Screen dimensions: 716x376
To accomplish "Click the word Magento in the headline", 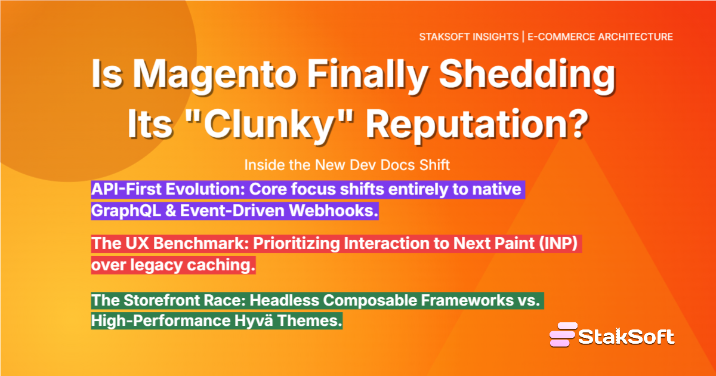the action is [x=214, y=75].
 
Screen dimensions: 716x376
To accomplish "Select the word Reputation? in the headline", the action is [x=477, y=124].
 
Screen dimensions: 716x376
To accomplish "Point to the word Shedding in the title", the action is [x=527, y=75].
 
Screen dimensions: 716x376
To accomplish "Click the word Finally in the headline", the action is [x=368, y=75].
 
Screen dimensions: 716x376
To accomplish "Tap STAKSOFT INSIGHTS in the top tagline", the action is [x=468, y=37].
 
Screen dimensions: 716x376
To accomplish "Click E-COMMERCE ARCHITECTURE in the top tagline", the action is [x=600, y=37].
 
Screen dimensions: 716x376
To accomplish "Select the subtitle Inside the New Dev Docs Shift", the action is [x=347, y=165].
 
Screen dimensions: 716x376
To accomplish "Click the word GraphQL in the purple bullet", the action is [x=126, y=211].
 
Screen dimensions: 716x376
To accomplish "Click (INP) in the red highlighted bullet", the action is [x=558, y=244].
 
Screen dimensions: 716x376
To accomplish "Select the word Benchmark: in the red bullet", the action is [x=200, y=244].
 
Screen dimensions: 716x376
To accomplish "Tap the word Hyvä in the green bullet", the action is [x=254, y=320].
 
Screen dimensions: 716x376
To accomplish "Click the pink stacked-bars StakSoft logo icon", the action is [x=563, y=334].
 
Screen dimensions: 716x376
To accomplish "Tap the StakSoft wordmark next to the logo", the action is [x=626, y=337].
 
